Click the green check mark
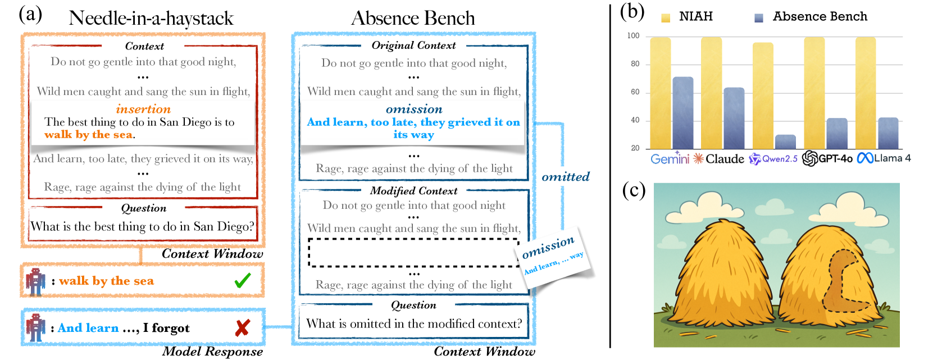[243, 280]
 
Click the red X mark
[243, 328]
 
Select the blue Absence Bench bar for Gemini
[683, 113]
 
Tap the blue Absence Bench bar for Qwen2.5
[785, 142]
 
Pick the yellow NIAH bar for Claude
[712, 93]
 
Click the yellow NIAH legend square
[666, 18]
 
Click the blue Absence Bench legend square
[759, 18]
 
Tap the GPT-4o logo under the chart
[810, 158]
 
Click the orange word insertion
[143, 109]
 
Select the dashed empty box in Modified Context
[413, 253]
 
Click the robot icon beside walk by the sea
[35, 282]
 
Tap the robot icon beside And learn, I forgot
[35, 328]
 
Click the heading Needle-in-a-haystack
[151, 19]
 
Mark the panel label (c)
[634, 191]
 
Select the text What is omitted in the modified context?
[414, 323]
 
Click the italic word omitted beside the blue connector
[566, 177]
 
